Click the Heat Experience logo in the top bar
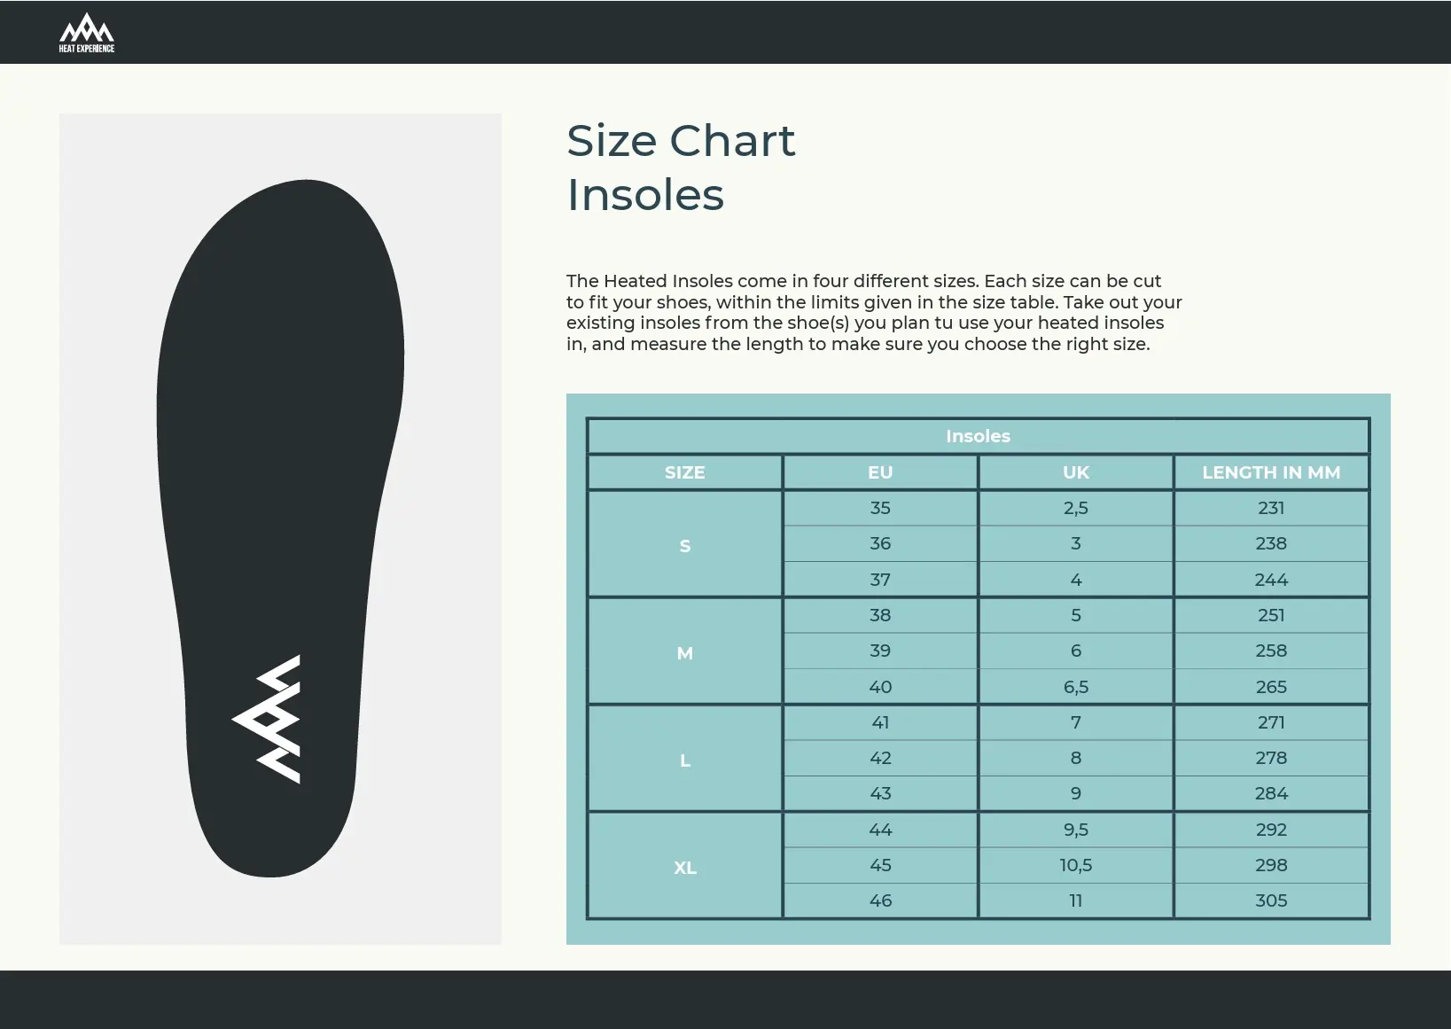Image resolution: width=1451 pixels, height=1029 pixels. [86, 33]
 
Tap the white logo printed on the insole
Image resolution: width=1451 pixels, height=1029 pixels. [267, 719]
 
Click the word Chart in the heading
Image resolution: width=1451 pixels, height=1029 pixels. [732, 141]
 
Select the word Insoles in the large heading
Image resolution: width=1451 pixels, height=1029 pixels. [645, 195]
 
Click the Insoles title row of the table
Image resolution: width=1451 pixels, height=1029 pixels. [978, 436]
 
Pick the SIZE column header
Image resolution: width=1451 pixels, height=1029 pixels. [685, 472]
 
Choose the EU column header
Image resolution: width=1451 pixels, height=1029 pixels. [880, 472]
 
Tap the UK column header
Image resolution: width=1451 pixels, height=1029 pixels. [1076, 472]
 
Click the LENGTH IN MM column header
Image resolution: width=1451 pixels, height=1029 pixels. [1271, 472]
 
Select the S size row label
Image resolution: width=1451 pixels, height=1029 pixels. [685, 546]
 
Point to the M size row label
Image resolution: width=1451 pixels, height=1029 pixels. [685, 653]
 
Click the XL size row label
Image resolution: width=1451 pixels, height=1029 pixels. [685, 868]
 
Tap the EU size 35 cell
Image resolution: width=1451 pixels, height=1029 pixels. [880, 508]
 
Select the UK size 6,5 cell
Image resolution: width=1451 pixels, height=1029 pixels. [1076, 687]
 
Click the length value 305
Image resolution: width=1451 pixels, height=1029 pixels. [1271, 900]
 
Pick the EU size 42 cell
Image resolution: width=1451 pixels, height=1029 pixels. [880, 758]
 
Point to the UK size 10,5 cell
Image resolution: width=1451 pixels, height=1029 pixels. [1076, 865]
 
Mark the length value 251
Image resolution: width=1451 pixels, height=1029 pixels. [1271, 615]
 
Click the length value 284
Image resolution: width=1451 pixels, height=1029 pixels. [1271, 793]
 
